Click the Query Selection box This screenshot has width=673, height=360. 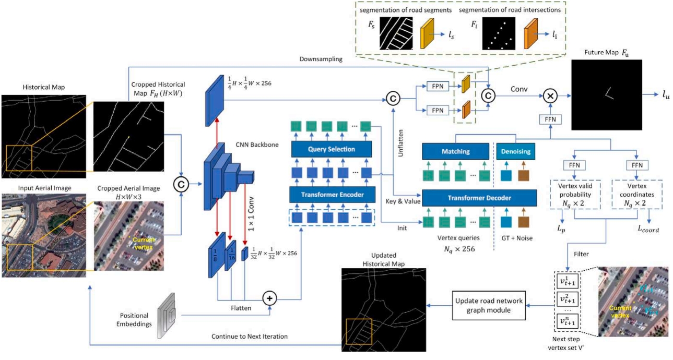click(x=332, y=149)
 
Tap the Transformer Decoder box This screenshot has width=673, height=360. click(x=479, y=198)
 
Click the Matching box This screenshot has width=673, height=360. click(x=456, y=151)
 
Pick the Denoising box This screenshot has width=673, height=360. click(x=516, y=151)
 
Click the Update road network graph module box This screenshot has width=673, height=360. click(x=489, y=302)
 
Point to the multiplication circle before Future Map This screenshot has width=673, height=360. click(x=550, y=95)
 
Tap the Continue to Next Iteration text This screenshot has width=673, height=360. click(x=249, y=337)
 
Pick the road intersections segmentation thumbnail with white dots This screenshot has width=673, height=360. click(x=499, y=34)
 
